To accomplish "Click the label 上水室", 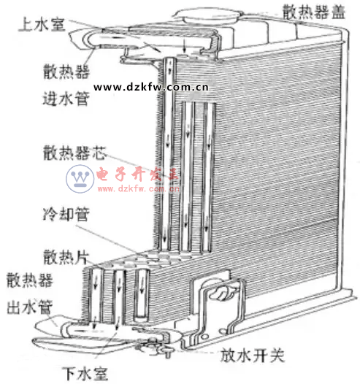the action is (x=42, y=25).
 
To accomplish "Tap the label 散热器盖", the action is (x=314, y=12).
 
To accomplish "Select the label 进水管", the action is (x=66, y=99).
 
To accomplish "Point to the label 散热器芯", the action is (x=75, y=153).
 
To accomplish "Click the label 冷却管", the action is (x=66, y=214).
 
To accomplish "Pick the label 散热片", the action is (x=66, y=257).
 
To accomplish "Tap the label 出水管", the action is (x=30, y=307).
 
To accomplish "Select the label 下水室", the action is (x=85, y=374).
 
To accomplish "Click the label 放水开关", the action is (x=252, y=356).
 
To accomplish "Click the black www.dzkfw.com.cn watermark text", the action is (x=151, y=87).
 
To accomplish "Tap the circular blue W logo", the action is (x=80, y=179).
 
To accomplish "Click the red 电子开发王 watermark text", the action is (x=137, y=174).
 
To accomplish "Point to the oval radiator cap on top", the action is (x=207, y=16).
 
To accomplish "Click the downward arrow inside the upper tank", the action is (x=185, y=46).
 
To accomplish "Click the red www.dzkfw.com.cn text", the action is (x=138, y=188).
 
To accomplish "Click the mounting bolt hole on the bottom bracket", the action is (x=205, y=337).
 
